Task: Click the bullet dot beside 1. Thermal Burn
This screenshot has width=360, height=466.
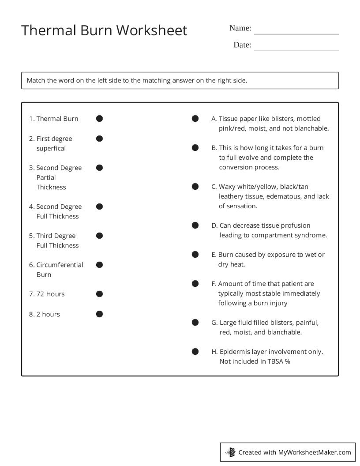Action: point(99,118)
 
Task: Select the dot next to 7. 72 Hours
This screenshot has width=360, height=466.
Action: point(99,294)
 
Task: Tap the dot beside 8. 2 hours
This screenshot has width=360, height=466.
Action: point(99,314)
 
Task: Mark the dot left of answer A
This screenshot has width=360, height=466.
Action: point(195,118)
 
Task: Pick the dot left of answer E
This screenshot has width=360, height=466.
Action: point(195,255)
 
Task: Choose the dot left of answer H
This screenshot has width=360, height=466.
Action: point(195,352)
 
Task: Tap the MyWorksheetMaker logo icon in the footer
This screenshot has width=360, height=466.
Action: point(230,452)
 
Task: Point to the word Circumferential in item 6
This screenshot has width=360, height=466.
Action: point(60,265)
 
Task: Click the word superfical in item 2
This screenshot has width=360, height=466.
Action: point(51,148)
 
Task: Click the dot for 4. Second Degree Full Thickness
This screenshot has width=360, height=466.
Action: point(99,207)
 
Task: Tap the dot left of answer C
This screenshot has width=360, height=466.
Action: point(195,187)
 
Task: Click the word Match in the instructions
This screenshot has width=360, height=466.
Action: point(36,80)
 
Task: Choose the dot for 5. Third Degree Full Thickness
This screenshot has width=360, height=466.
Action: point(99,236)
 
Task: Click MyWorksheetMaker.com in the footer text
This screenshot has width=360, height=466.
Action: point(315,452)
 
